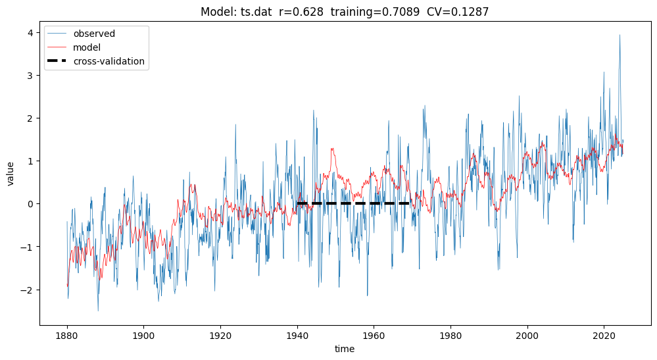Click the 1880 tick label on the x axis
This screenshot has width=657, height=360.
pos(67,336)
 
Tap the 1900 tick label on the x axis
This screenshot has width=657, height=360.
pos(143,336)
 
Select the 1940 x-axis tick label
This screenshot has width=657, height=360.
pos(297,336)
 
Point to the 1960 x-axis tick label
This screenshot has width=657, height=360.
pos(374,336)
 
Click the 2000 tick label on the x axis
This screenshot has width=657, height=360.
pos(527,336)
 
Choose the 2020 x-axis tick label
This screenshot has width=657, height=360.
pos(604,336)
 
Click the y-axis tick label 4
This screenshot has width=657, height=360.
pos(30,32)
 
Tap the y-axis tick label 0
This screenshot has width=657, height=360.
pos(30,204)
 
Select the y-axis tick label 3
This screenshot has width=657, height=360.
pos(30,76)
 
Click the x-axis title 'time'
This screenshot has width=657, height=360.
pos(344,349)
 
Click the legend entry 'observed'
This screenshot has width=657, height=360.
pos(94,34)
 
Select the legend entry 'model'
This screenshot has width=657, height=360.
pos(87,47)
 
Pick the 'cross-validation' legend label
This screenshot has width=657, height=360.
pos(109,61)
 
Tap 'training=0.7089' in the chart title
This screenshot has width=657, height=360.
pos(379,11)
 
